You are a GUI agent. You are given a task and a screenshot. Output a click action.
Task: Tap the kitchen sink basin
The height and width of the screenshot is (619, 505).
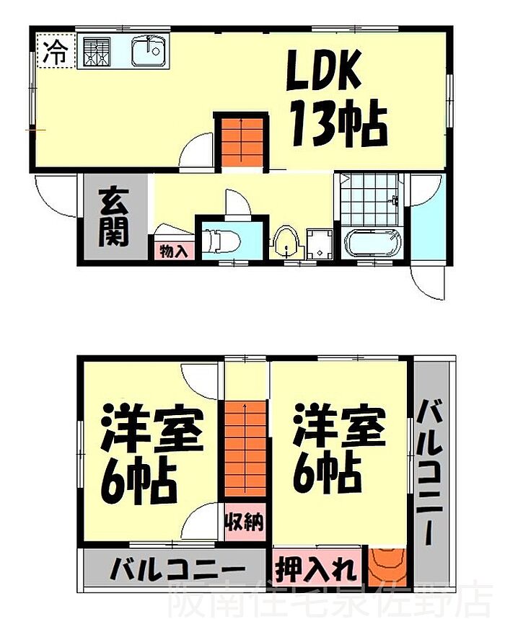pyautogui.click(x=150, y=52)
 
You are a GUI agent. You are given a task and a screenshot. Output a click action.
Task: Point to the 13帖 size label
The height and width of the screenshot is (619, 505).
pyautogui.click(x=338, y=125)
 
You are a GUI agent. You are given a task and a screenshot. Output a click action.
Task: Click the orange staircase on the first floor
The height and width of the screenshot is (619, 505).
pyautogui.click(x=241, y=141)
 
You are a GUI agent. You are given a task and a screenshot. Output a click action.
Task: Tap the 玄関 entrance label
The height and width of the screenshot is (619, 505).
pyautogui.click(x=114, y=215)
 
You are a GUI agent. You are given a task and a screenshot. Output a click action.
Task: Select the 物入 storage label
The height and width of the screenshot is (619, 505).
pyautogui.click(x=173, y=251)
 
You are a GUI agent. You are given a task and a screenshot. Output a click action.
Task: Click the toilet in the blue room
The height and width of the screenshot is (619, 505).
pyautogui.click(x=218, y=241)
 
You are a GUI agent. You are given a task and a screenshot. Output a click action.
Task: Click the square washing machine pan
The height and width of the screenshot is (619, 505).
pyautogui.click(x=319, y=244)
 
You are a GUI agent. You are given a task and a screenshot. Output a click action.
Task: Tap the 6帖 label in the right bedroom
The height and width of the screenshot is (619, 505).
pyautogui.click(x=328, y=471)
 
